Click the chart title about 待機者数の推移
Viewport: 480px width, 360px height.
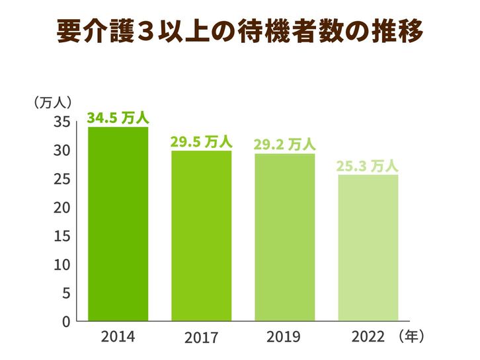239,31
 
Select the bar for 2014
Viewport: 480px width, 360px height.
118,224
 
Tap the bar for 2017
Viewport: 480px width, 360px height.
202,236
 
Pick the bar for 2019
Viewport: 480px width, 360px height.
285,237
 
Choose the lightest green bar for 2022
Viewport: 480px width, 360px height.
368,248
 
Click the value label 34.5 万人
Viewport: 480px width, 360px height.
118,118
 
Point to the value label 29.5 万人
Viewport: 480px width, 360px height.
201,141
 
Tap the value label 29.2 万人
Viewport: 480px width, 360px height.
285,143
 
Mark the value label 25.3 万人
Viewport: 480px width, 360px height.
367,165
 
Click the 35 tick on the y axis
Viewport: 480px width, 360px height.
61,122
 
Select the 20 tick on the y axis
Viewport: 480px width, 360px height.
61,207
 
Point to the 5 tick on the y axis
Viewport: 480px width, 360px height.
65,293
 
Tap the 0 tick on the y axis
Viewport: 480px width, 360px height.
65,322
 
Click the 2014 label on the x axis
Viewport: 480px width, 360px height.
118,337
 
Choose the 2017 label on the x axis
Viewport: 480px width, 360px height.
201,339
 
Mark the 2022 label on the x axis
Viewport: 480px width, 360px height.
368,337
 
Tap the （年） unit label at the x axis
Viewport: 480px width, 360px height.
412,336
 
